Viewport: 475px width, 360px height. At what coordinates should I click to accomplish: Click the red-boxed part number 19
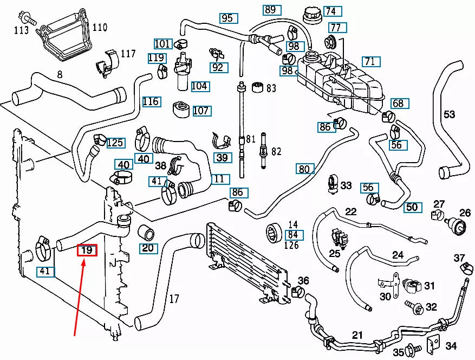tap(87, 250)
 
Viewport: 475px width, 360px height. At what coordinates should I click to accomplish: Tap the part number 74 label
tap(330, 11)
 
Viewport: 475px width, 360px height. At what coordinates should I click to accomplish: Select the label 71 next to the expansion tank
tap(372, 61)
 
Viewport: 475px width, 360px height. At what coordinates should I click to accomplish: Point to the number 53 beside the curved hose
tap(450, 114)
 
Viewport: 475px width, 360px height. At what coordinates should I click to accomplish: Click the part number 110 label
tap(100, 27)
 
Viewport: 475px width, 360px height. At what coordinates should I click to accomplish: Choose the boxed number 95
tap(227, 18)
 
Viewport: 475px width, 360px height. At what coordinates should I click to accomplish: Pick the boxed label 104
tap(199, 86)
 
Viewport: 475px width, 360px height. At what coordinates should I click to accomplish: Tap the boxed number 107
tap(201, 111)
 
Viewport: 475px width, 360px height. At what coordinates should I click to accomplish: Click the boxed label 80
tap(304, 169)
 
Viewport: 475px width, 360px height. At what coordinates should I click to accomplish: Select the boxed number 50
tap(412, 207)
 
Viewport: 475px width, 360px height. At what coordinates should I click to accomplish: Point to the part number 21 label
tap(357, 335)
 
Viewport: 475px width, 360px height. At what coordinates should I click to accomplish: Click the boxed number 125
tap(115, 143)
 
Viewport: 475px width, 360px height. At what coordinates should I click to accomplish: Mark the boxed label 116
tap(151, 101)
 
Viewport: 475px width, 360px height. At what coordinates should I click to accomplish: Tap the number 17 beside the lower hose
tap(174, 298)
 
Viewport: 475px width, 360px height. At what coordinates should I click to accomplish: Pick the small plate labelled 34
tap(433, 344)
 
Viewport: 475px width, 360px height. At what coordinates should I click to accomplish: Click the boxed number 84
tap(293, 234)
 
